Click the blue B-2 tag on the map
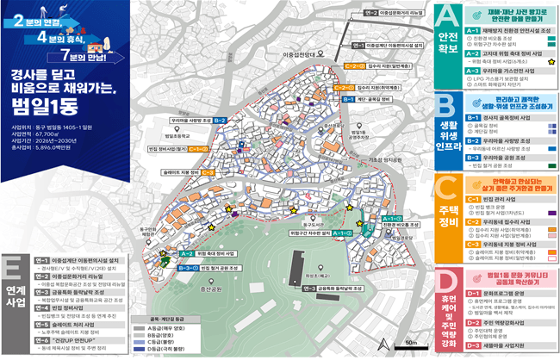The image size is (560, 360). [220, 120]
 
